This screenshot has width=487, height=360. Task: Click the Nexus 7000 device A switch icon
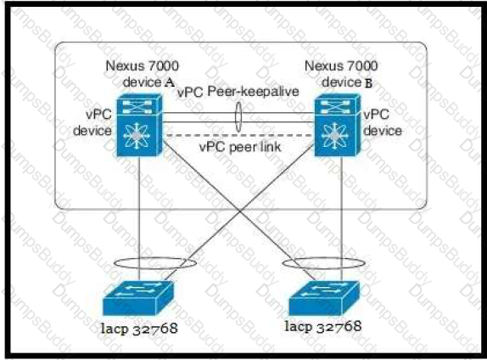139,125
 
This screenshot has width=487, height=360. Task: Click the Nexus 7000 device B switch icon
338,125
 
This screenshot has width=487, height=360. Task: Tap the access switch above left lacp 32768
137,298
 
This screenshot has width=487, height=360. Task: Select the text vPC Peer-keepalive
238,92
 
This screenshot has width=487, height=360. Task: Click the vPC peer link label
240,147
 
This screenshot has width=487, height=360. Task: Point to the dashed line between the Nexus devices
239,136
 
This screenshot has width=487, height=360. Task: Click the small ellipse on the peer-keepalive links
238,117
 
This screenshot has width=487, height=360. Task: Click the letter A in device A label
169,82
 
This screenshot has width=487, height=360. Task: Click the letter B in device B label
369,83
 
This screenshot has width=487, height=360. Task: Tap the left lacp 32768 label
139,329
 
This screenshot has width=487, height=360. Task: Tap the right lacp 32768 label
323,326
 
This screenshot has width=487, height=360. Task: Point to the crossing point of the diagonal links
240,211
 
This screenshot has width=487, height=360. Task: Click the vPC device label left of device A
92,122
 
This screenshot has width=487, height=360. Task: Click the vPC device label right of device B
383,122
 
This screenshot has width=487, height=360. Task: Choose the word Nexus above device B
320,66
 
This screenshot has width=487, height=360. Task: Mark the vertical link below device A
139,218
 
